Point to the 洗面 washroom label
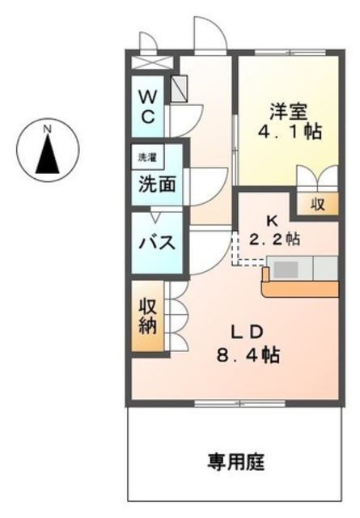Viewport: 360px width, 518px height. (x=156, y=184)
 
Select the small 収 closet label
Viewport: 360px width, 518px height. (x=319, y=205)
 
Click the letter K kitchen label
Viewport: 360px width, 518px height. (x=272, y=219)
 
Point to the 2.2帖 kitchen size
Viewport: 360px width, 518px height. (x=278, y=239)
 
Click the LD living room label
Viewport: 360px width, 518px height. (x=244, y=332)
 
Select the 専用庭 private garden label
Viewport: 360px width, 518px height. (x=235, y=463)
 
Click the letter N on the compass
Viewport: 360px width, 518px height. (x=47, y=129)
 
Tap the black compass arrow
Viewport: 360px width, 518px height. (x=47, y=155)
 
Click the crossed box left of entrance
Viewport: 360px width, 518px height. (x=151, y=62)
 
